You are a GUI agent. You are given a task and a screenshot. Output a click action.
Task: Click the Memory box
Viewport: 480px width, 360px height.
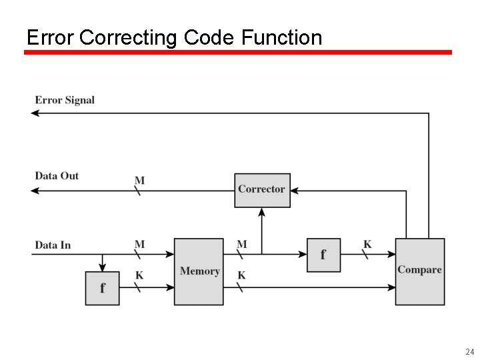(x=199, y=271)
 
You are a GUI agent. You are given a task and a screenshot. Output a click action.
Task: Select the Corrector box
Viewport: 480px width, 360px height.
(x=262, y=190)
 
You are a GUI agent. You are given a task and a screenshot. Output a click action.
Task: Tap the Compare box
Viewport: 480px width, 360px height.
(x=420, y=271)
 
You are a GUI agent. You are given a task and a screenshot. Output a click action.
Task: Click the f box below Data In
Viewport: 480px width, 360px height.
(x=102, y=288)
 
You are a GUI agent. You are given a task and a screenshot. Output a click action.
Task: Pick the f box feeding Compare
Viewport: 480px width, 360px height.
(x=323, y=255)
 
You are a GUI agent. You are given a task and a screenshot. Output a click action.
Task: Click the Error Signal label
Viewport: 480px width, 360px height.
(x=65, y=100)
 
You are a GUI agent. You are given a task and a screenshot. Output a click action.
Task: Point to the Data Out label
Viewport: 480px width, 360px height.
(x=57, y=176)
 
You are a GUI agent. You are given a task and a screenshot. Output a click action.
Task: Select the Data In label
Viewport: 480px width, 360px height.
(x=53, y=245)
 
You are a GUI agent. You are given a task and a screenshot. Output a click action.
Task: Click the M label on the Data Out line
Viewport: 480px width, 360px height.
(x=139, y=181)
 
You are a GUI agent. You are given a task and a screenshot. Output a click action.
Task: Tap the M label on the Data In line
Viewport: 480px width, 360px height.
(x=139, y=245)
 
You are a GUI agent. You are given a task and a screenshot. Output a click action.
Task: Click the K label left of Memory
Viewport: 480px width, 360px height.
(x=139, y=275)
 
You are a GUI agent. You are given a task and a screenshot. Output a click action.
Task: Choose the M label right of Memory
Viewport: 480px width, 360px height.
(x=241, y=245)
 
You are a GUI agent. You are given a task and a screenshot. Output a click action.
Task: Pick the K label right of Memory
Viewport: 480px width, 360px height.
(x=241, y=275)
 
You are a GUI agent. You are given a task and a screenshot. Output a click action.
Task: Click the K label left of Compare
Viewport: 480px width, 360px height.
(x=367, y=245)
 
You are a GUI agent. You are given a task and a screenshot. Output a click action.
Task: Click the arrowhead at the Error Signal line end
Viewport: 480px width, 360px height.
(x=35, y=113)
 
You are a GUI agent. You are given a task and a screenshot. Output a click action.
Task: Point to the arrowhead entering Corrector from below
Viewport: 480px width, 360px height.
(x=262, y=212)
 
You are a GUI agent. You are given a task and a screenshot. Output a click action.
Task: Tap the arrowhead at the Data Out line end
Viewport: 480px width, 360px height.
(x=35, y=191)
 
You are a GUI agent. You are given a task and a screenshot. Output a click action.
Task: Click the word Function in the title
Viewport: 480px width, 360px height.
(x=281, y=37)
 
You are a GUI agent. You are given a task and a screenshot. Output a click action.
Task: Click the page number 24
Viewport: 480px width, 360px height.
(x=469, y=351)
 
